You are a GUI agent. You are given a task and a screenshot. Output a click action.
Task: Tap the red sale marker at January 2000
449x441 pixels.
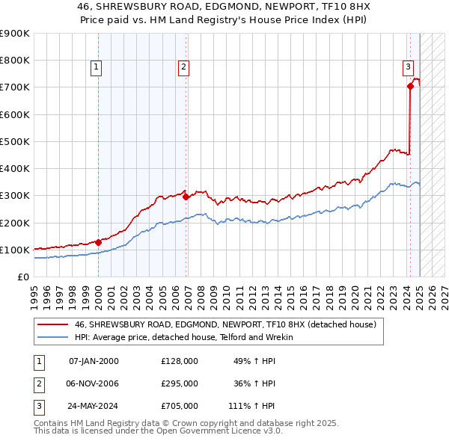[99, 242]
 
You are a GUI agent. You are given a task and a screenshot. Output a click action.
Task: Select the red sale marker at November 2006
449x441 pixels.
[186, 197]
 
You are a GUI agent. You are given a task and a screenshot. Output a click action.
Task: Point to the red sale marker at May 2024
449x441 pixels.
[410, 87]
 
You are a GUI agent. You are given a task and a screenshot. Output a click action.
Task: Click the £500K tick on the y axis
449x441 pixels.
[15, 141]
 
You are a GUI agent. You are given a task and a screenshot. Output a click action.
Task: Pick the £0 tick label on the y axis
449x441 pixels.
[23, 277]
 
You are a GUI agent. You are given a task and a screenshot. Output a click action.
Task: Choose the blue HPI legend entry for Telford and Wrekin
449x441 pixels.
[183, 337]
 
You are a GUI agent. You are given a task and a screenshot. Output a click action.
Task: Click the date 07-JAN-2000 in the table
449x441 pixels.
[94, 361]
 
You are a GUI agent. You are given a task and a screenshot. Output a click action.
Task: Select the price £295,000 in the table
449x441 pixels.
[180, 383]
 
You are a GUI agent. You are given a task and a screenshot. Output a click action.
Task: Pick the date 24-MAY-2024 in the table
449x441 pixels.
[94, 406]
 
